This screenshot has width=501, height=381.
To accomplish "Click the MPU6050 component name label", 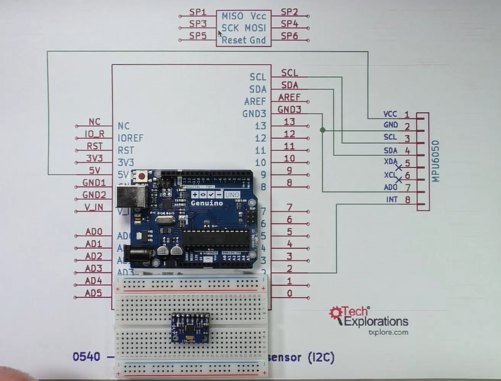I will pos(435,161).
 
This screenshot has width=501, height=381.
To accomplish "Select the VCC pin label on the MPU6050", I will pos(390,114).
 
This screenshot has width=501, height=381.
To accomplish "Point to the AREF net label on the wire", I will pos(289,97).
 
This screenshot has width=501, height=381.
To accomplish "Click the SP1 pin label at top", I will pos(198,12).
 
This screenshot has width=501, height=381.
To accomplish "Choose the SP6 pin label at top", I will pos(289,37).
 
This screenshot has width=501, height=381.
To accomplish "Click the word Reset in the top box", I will pos(234,40).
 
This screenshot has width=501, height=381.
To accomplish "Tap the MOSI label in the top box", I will pos(256,28).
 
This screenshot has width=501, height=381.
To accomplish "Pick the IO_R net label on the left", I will pos(95,134).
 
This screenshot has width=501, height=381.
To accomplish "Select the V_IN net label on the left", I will pos(94,207).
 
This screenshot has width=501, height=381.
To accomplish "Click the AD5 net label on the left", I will pos(93,293).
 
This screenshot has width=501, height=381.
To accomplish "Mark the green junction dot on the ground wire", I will pos(322,130).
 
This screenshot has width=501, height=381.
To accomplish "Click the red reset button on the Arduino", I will pos(142,176).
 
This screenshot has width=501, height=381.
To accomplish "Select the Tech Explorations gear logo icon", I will pos(336,313).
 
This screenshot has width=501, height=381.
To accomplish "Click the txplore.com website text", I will pos(388,333).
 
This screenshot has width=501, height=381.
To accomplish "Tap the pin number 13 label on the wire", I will pos(289,122).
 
